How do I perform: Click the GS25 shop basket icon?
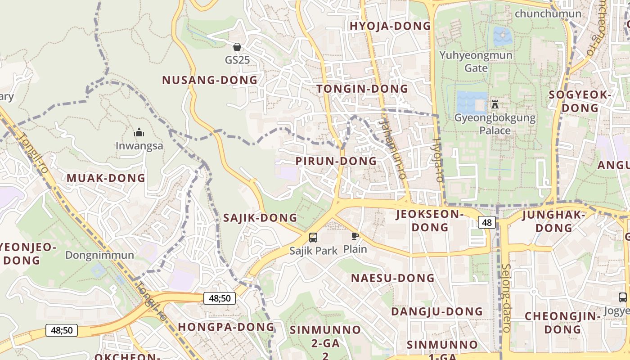pyautogui.click(x=237, y=47)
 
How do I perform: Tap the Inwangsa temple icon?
pyautogui.click(x=139, y=133)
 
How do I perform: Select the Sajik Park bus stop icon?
pyautogui.click(x=313, y=238)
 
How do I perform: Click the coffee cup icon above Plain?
pyautogui.click(x=355, y=236)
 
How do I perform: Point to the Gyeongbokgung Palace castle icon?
pyautogui.click(x=495, y=104)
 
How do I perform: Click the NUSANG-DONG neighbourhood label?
pyautogui.click(x=210, y=81)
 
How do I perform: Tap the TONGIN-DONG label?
pyautogui.click(x=362, y=89)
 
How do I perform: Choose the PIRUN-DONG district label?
pyautogui.click(x=336, y=161)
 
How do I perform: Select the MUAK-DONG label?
pyautogui.click(x=106, y=178)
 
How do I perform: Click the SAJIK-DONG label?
pyautogui.click(x=260, y=218)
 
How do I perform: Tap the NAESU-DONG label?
pyautogui.click(x=393, y=278)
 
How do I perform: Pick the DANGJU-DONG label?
pyautogui.click(x=436, y=312)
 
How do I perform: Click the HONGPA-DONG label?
pyautogui.click(x=226, y=327)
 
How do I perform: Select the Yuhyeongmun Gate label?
pyautogui.click(x=476, y=62)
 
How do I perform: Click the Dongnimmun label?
pyautogui.click(x=99, y=255)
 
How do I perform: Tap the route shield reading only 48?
pyautogui.click(x=487, y=222)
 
